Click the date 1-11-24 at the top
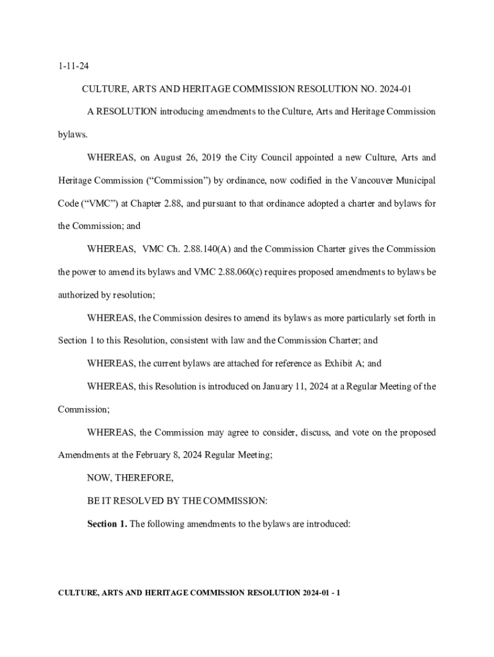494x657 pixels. [x=71, y=65]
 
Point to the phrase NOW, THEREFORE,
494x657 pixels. [x=130, y=478]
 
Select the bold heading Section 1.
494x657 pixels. [x=107, y=524]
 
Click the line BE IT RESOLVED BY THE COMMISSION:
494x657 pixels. [x=177, y=500]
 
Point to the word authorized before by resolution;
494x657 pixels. [x=79, y=295]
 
